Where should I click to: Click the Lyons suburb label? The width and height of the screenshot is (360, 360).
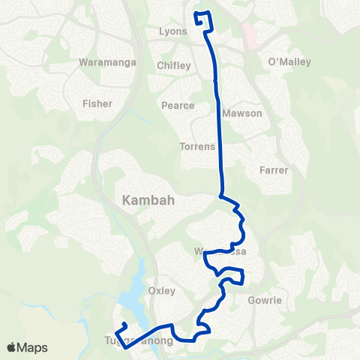173,32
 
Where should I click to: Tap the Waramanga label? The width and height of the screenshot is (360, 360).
106,62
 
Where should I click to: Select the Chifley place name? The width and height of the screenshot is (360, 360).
174,66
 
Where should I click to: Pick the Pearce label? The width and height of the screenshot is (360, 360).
178,106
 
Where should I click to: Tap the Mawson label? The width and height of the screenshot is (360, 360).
242,114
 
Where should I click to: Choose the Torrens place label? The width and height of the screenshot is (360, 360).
197,146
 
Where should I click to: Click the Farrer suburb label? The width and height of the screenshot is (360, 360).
274,170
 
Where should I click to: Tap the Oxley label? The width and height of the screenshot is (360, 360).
162,290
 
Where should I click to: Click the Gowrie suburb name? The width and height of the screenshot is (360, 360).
264,301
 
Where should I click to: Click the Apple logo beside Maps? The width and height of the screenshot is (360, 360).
12,347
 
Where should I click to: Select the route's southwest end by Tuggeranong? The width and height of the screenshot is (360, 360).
123,323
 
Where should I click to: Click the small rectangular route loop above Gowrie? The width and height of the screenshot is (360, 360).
235,279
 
